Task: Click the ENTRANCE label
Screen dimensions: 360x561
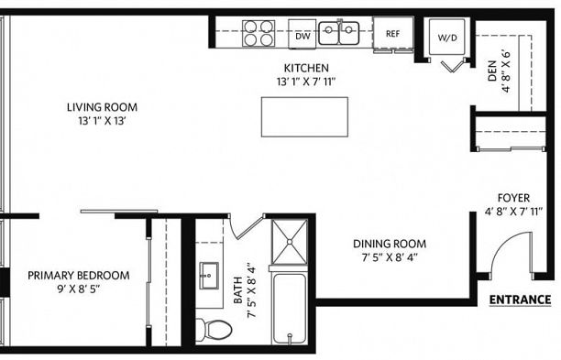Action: pyautogui.click(x=520, y=300)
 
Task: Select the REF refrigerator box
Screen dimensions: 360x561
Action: pyautogui.click(x=392, y=33)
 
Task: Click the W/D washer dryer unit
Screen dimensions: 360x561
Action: pyautogui.click(x=447, y=38)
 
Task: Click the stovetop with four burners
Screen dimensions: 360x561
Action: pyautogui.click(x=258, y=33)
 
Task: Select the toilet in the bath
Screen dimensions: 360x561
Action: pyautogui.click(x=214, y=326)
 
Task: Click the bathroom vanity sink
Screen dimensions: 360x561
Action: pyautogui.click(x=208, y=274)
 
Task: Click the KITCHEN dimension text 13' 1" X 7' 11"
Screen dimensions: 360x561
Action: pyautogui.click(x=306, y=82)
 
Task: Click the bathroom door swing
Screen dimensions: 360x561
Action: pyautogui.click(x=244, y=225)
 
